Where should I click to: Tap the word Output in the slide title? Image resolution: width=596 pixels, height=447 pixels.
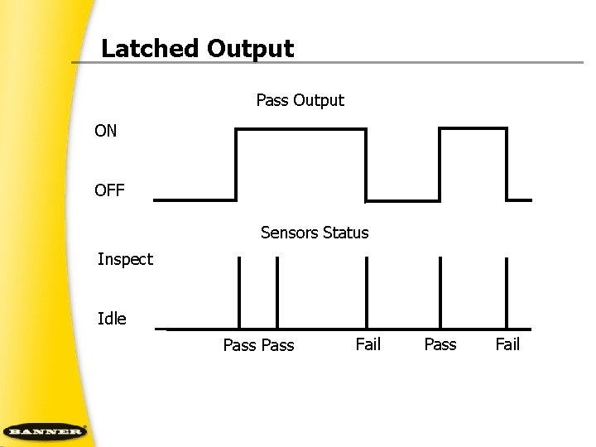251,49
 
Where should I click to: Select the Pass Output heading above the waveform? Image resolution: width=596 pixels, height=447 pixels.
300,101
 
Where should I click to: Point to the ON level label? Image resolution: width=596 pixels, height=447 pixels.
106,131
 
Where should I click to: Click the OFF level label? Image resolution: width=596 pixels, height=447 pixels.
109,191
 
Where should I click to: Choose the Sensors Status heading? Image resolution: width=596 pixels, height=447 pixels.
315,233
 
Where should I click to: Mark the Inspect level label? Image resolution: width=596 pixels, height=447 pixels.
125,260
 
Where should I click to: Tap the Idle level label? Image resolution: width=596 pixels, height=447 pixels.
112,319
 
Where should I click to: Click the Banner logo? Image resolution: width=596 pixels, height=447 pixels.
45,431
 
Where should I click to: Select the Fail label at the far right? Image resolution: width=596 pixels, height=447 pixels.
507,344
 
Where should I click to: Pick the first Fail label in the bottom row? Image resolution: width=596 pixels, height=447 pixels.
368,344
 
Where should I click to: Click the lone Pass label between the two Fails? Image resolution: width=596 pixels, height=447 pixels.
440,344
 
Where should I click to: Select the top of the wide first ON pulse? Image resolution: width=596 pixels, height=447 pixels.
300,130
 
